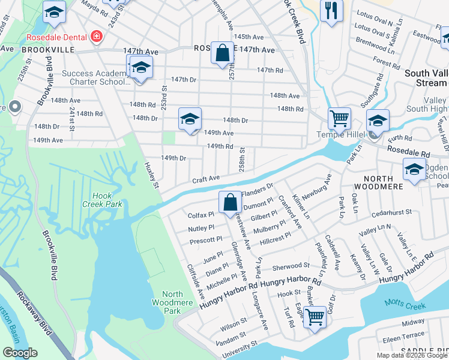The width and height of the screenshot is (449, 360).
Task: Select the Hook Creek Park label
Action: click(106, 200)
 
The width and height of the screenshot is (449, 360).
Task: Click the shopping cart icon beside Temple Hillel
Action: click(339, 119)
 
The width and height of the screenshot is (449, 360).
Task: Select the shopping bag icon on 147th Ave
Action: click(223, 52)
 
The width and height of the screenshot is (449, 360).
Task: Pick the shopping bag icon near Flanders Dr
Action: click(230, 202)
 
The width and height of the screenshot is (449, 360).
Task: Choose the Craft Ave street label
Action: click(206, 179)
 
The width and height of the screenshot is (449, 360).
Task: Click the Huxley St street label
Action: click(153, 178)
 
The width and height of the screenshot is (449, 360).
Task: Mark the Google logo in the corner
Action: click(20, 353)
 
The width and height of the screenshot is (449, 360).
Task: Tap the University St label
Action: click(239, 350)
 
